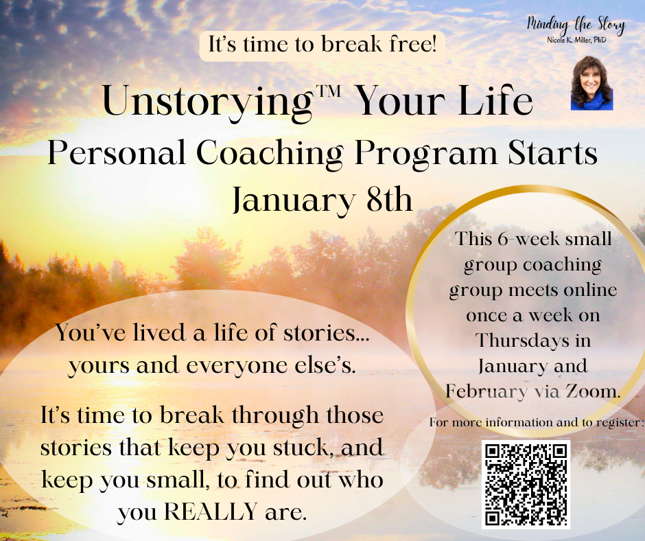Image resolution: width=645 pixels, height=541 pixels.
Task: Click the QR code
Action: coord(526,485)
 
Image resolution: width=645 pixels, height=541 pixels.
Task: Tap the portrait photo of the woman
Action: coord(592,83)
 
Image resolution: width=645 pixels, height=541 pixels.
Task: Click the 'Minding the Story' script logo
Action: coord(576,25)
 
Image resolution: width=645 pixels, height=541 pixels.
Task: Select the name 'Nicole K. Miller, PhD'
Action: coord(576,40)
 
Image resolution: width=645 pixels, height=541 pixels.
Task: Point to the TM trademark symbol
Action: coord(327,90)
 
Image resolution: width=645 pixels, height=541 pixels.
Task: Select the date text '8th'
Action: coord(389,199)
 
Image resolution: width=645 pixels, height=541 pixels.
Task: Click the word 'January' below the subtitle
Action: coord(293,201)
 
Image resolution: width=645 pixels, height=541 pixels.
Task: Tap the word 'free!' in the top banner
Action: coord(412,44)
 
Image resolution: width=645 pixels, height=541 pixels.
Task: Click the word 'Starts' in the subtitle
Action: coord(552,152)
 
